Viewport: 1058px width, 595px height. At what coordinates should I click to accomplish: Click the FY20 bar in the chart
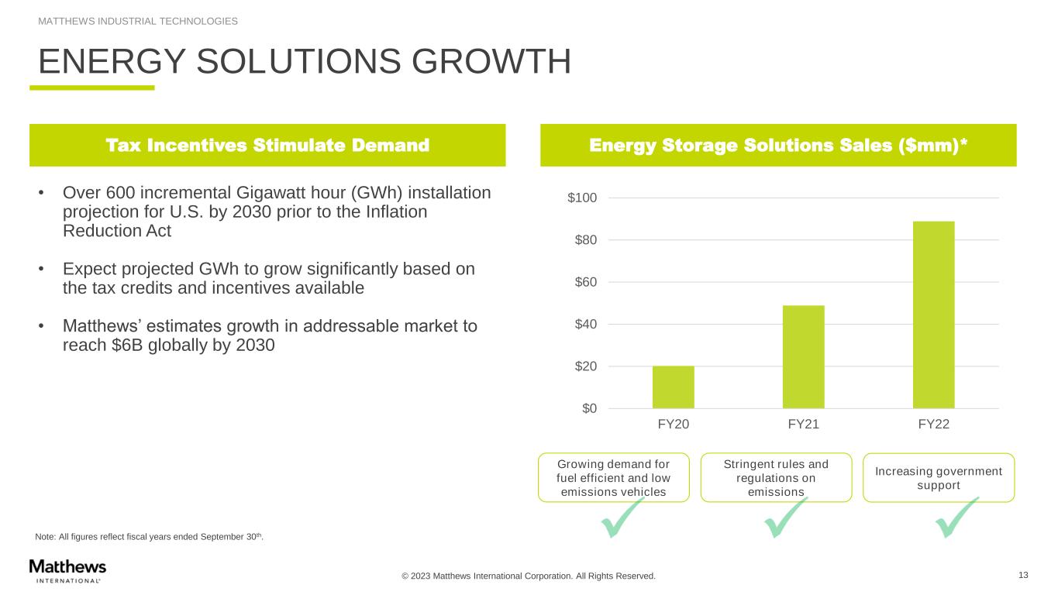tap(673, 387)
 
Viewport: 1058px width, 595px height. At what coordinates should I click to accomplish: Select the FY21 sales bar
tap(803, 356)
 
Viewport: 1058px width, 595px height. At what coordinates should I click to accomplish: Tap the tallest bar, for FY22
tap(933, 315)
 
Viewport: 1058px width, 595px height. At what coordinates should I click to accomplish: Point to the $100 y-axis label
tap(582, 198)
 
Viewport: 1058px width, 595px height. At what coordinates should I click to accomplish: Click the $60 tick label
tap(585, 282)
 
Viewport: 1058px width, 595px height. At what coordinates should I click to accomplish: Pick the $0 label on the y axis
tap(590, 408)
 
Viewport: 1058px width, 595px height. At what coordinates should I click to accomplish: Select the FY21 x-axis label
tap(803, 425)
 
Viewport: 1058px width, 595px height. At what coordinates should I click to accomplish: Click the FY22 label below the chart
tap(933, 425)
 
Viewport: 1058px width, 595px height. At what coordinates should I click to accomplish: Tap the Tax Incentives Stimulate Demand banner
tap(267, 145)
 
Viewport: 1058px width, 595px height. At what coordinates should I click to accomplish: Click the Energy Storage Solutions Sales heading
tap(777, 145)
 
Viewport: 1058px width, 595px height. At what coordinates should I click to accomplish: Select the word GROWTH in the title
tap(481, 62)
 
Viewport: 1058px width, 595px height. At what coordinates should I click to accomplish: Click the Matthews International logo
tap(67, 569)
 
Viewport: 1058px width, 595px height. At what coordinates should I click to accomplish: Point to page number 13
tap(1023, 575)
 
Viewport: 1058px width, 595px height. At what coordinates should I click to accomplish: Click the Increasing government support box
tap(938, 478)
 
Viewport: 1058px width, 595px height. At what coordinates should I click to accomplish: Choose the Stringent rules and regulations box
tap(775, 478)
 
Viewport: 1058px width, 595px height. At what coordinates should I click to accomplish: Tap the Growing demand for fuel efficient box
tap(613, 478)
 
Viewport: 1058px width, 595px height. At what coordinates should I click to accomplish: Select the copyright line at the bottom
tap(528, 576)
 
